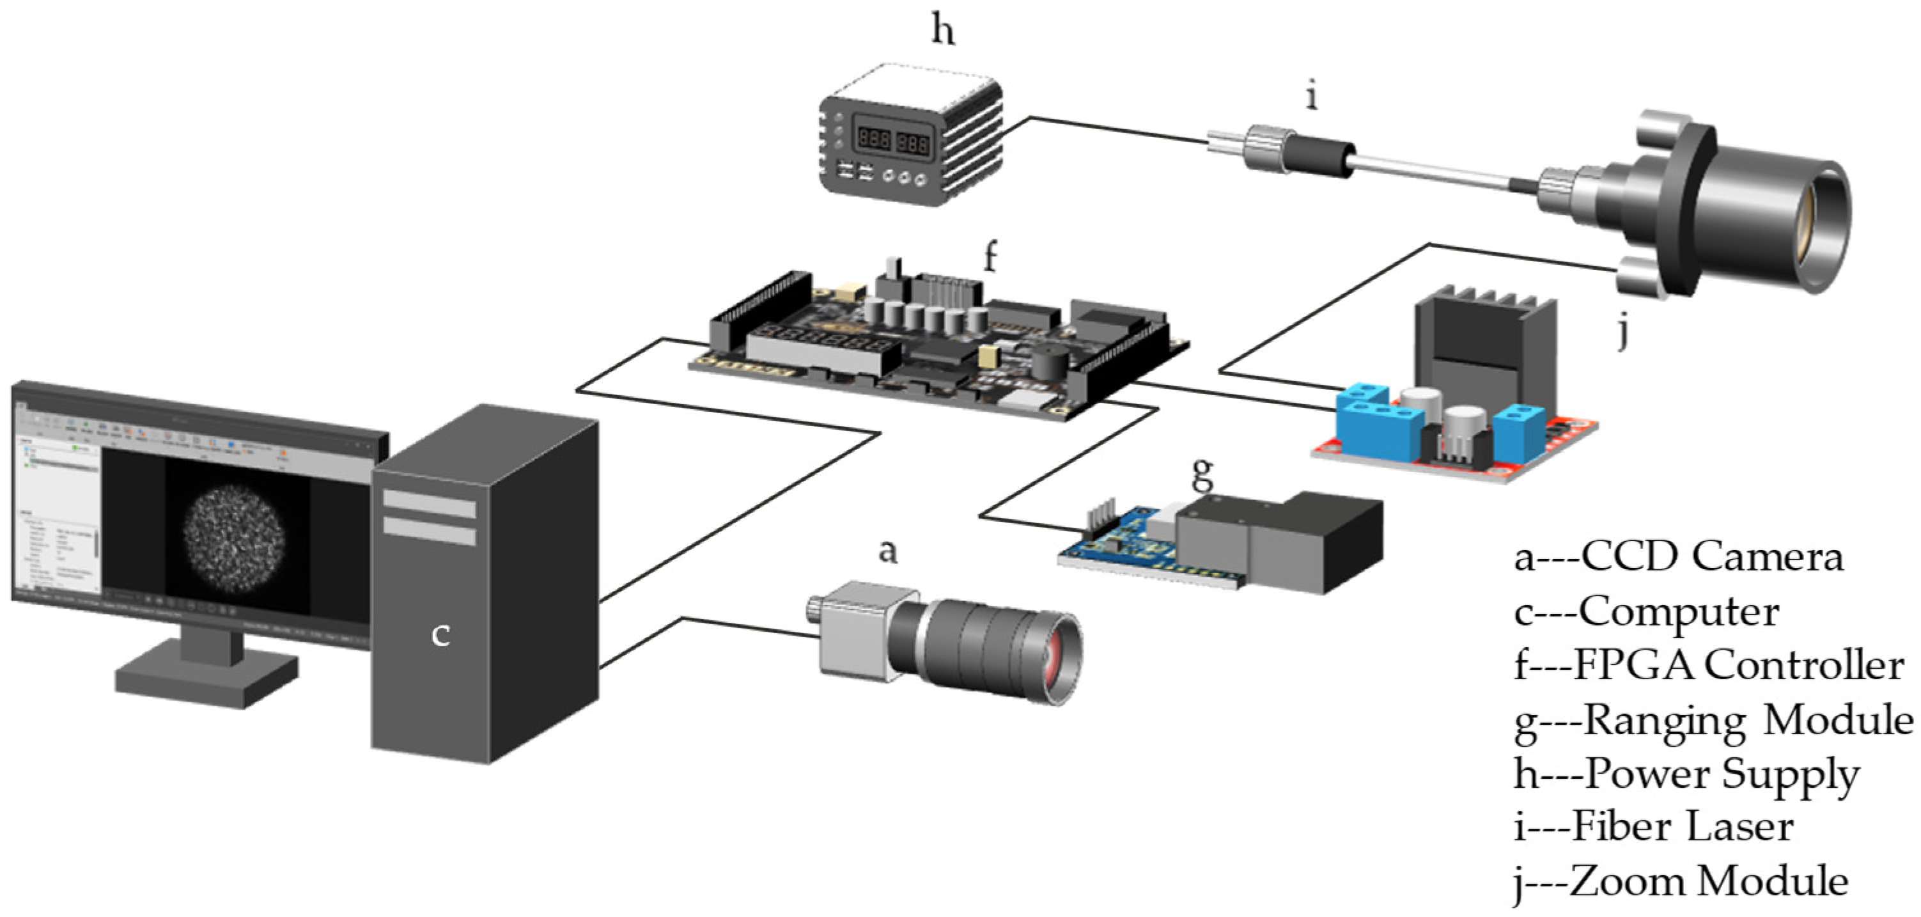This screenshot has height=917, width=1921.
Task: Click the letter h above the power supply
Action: (x=943, y=31)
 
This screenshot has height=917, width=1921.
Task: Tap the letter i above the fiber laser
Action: (x=1312, y=98)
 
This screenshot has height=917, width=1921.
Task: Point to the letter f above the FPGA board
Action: (x=990, y=258)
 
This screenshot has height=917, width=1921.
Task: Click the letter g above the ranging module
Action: (x=1202, y=473)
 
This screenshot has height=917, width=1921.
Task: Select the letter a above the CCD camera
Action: (x=887, y=552)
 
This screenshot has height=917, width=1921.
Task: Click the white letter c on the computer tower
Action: (x=440, y=635)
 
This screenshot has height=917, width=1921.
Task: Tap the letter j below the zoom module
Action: (x=1622, y=332)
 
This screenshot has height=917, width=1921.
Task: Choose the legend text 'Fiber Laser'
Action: (x=1683, y=827)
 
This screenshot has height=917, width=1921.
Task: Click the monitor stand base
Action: (x=205, y=675)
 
